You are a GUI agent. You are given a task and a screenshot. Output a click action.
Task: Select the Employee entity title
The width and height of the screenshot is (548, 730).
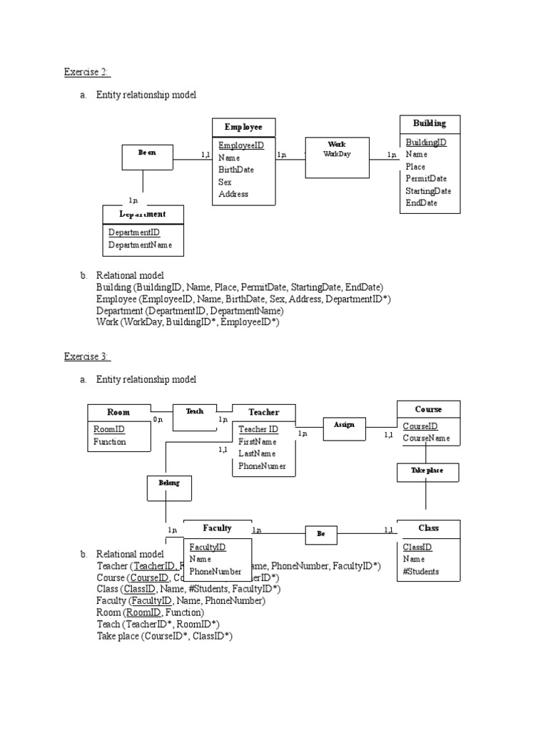[243, 127]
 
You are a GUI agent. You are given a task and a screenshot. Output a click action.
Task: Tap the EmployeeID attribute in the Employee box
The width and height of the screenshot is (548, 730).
[241, 145]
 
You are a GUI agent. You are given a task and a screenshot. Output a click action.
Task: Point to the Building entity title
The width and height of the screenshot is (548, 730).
[429, 124]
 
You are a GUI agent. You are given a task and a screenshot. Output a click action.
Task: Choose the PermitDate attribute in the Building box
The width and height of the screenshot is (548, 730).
[426, 178]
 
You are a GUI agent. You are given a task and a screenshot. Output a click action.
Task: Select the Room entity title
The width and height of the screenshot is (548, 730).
[118, 412]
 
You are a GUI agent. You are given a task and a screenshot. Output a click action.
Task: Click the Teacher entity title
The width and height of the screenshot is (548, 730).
[263, 412]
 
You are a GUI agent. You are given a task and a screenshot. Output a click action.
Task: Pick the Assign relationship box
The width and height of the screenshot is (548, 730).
[344, 426]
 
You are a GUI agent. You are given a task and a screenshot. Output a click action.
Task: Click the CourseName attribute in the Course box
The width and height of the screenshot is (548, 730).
[426, 438]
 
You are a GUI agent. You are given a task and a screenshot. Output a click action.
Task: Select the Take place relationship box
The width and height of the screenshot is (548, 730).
[427, 471]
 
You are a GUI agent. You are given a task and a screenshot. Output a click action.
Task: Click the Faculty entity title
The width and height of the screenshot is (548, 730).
[217, 528]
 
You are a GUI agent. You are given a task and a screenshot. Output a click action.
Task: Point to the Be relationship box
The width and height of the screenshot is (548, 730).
[321, 533]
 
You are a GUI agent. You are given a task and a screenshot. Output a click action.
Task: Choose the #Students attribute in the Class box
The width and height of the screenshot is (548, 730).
[421, 572]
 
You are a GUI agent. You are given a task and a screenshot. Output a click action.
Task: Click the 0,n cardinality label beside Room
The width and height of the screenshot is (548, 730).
[158, 420]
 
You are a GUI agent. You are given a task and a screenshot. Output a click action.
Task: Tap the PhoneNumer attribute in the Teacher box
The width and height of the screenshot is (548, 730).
[262, 466]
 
